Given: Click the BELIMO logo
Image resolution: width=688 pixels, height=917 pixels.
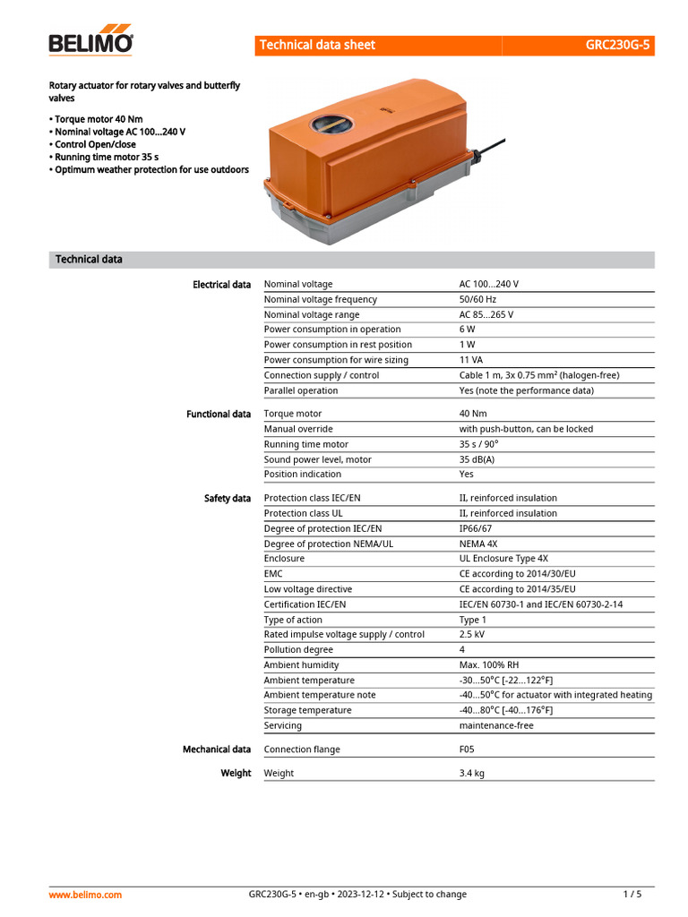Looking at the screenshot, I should (x=90, y=42).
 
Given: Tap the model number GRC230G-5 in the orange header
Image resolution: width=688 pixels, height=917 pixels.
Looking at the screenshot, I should (x=618, y=45).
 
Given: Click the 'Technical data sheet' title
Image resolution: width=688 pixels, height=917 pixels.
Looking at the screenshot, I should (x=317, y=45).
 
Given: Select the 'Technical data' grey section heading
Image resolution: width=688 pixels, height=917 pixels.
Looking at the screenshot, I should (x=89, y=260).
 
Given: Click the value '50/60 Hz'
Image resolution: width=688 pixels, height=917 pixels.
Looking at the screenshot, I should (x=477, y=299).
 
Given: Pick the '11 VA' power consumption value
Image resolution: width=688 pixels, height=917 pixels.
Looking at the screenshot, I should (x=471, y=360).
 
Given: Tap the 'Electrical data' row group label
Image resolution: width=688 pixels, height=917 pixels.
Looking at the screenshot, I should (x=221, y=285).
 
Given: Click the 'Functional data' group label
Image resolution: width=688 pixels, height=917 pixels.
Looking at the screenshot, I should (x=219, y=415).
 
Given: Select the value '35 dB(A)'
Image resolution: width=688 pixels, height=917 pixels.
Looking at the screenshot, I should (x=477, y=459).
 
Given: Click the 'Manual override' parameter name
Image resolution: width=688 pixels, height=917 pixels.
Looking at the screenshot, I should (x=298, y=429).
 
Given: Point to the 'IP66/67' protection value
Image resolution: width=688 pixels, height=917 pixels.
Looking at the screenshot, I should (x=476, y=528).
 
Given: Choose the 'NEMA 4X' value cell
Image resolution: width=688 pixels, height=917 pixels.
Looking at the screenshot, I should (x=478, y=544).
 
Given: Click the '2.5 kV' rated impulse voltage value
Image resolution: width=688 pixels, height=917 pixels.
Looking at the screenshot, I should (x=472, y=634).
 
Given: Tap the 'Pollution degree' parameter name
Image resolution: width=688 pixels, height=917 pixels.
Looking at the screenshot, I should (x=298, y=649).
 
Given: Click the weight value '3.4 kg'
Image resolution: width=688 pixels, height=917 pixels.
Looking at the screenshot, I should (x=472, y=773).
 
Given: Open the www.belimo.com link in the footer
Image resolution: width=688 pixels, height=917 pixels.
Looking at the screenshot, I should (x=85, y=894).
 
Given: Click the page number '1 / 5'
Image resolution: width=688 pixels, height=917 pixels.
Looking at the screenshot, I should (x=632, y=894).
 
